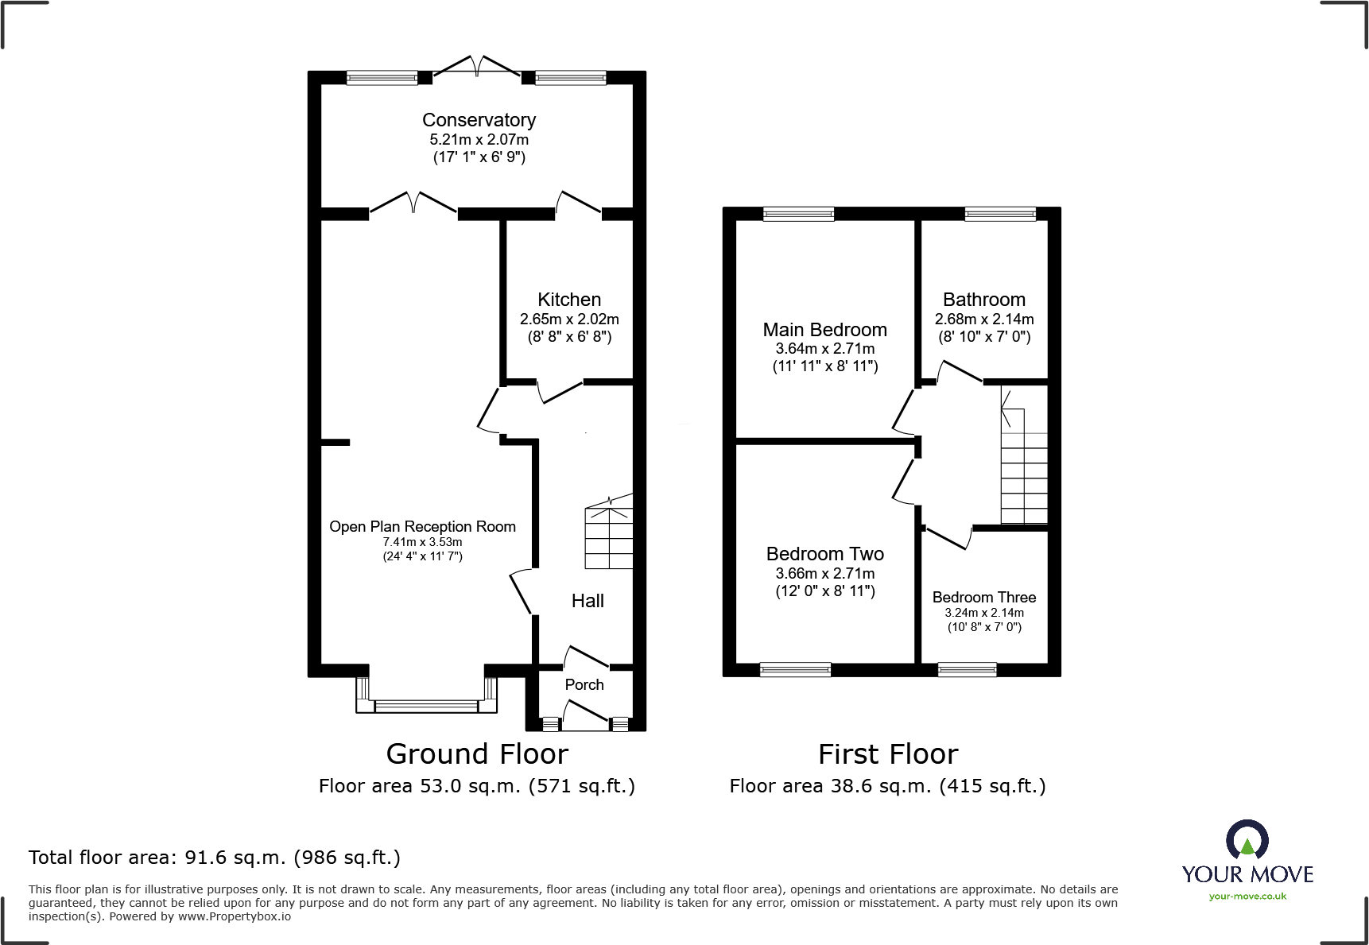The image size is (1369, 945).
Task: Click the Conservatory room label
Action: (x=479, y=120)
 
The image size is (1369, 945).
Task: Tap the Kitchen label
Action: (x=569, y=300)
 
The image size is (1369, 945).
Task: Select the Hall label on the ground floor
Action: (x=588, y=601)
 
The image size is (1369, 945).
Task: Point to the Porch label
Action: (x=584, y=684)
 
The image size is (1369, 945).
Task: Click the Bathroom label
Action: (x=984, y=300)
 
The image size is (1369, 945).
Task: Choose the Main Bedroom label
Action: (x=825, y=330)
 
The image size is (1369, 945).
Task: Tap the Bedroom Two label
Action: (x=825, y=554)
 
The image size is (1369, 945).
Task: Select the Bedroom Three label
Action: (x=984, y=597)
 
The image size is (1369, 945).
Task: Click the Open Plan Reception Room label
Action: (x=423, y=527)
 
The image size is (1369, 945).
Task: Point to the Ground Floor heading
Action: (x=477, y=753)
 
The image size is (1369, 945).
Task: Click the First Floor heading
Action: (x=888, y=753)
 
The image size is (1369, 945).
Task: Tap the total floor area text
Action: (x=215, y=858)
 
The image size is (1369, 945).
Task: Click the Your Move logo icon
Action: (x=1247, y=839)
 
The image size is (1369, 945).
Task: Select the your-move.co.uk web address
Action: (x=1247, y=897)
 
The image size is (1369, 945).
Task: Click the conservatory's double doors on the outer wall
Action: (x=477, y=66)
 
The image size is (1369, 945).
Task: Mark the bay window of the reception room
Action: (x=427, y=695)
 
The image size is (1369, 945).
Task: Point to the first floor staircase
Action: (x=1024, y=456)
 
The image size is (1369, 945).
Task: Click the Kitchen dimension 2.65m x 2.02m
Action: (x=569, y=320)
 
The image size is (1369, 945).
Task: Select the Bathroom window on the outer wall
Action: (x=1000, y=214)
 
